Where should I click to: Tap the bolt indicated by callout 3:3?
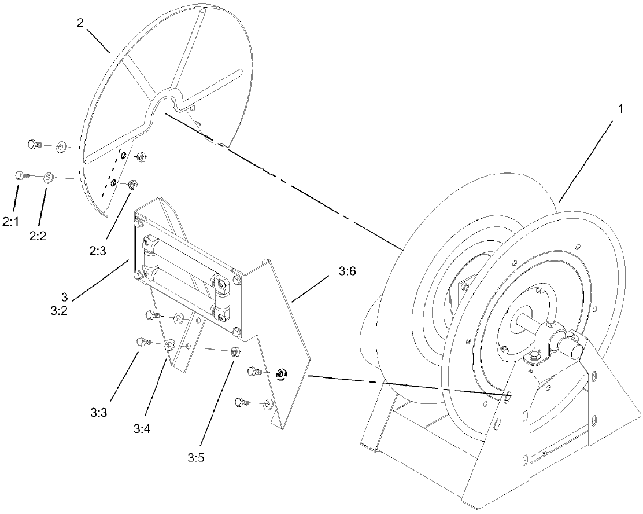[x=142, y=342]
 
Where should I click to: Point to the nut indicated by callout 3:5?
[x=235, y=351]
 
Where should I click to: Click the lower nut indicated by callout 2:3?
[x=132, y=185]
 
